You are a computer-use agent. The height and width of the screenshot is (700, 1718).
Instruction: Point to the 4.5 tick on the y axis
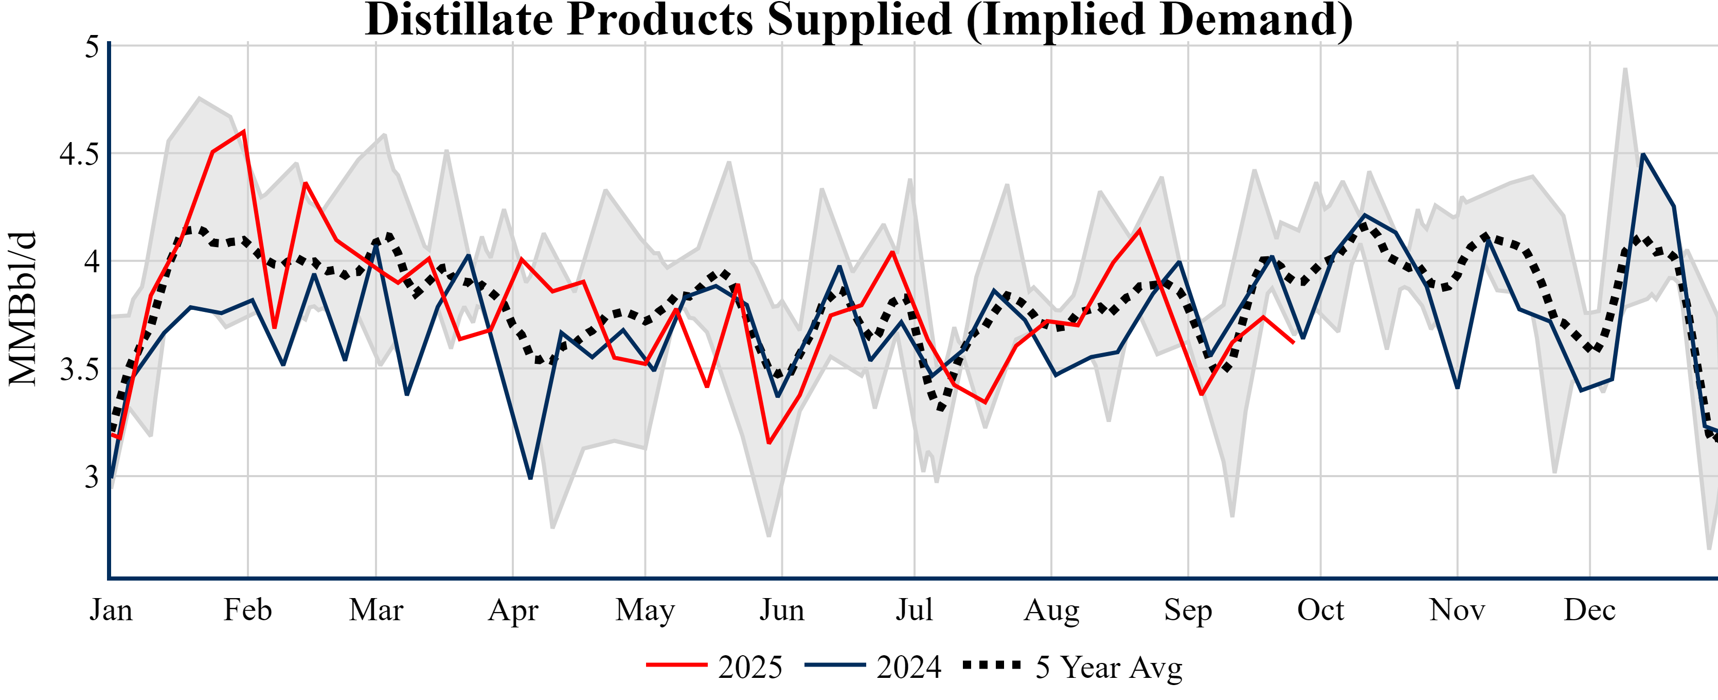coord(79,154)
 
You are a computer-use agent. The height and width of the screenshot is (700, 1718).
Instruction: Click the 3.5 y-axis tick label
coord(79,370)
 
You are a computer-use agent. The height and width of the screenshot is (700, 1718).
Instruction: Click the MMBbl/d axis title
coord(23,308)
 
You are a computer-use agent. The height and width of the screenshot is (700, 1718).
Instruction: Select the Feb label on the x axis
coord(247,610)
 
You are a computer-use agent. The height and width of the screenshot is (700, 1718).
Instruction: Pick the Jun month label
coord(782,610)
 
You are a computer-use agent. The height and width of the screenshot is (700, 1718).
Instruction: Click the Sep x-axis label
coord(1188,610)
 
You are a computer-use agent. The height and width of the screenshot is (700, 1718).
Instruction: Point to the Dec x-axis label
coord(1590,610)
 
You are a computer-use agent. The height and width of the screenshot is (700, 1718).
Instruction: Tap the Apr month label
coord(513,610)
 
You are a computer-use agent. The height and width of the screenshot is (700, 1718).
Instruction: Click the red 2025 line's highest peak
coord(244,131)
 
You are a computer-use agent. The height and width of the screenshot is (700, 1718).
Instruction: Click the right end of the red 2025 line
coord(1294,342)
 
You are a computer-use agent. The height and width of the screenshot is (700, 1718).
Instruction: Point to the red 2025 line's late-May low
coord(769,443)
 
